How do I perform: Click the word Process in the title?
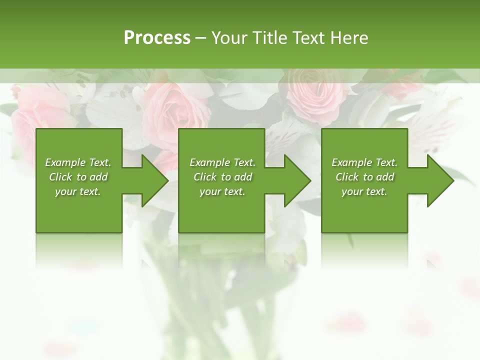point(157,38)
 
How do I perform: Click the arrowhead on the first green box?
point(155,180)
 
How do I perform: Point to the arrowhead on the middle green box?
point(297,180)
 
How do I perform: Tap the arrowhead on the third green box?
point(440,180)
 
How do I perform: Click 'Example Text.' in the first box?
point(78,162)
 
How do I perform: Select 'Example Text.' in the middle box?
point(222,162)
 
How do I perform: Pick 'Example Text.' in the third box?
point(364,162)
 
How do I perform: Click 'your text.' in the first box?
point(78,191)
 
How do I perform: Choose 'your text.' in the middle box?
point(222,191)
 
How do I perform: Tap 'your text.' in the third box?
point(364,191)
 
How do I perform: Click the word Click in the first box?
point(60,177)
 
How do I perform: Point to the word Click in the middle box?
point(205,177)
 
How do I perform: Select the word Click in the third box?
point(347,177)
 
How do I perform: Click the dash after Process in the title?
point(201,38)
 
